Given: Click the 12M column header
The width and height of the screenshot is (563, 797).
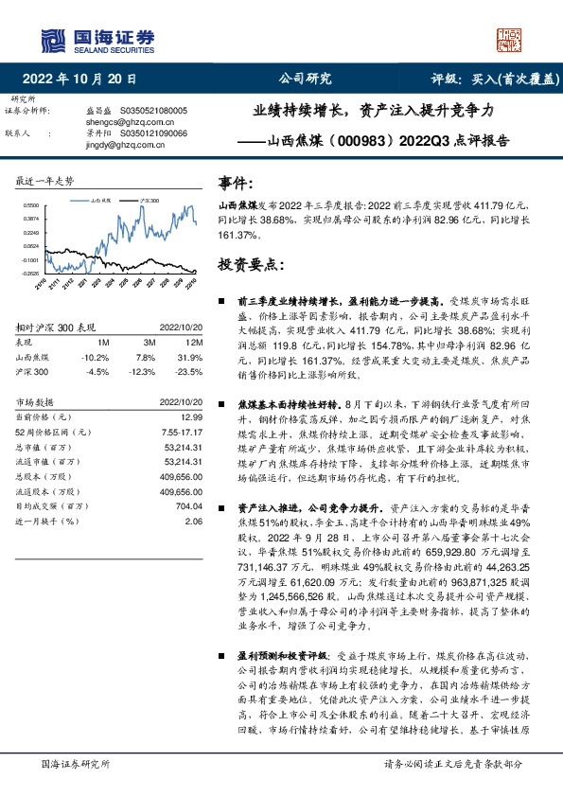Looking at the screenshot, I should point(197,341).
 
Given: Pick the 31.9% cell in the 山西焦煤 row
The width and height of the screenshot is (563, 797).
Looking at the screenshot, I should point(193,357).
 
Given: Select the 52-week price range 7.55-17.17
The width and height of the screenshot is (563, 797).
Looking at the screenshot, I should point(183,432).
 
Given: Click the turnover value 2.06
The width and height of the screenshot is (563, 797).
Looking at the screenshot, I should point(195,521).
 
